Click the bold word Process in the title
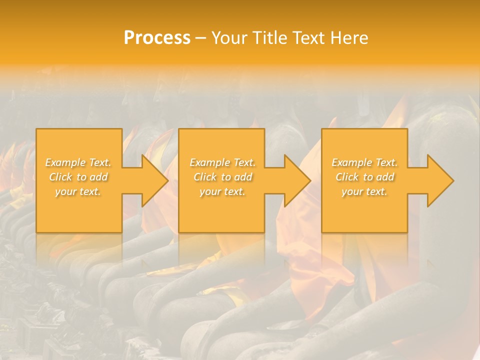[157, 38]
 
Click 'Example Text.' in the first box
[78, 162]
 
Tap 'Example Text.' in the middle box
[222, 162]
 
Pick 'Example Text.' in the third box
[364, 162]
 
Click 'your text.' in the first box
[78, 191]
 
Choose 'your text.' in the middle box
[222, 191]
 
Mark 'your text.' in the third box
[364, 191]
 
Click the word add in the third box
[385, 177]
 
